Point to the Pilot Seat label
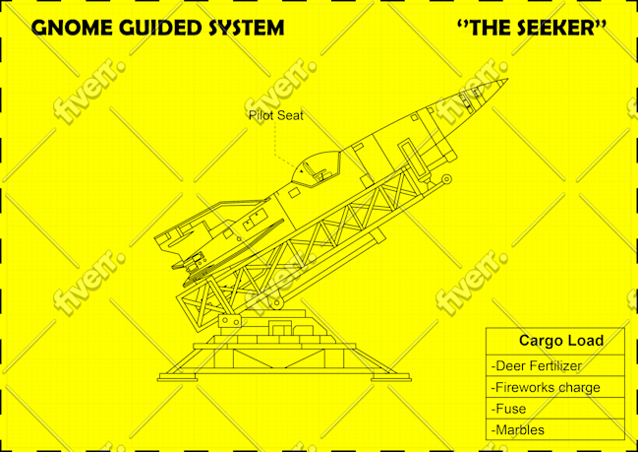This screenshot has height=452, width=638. [276, 116]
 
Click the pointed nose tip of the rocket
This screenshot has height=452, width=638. [507, 79]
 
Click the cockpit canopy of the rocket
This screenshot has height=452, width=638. [317, 169]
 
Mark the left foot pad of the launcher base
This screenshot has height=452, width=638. [177, 379]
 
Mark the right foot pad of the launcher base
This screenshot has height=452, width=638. [391, 379]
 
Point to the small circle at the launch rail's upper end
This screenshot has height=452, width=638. [446, 179]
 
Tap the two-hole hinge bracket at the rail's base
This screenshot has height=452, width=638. [231, 320]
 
